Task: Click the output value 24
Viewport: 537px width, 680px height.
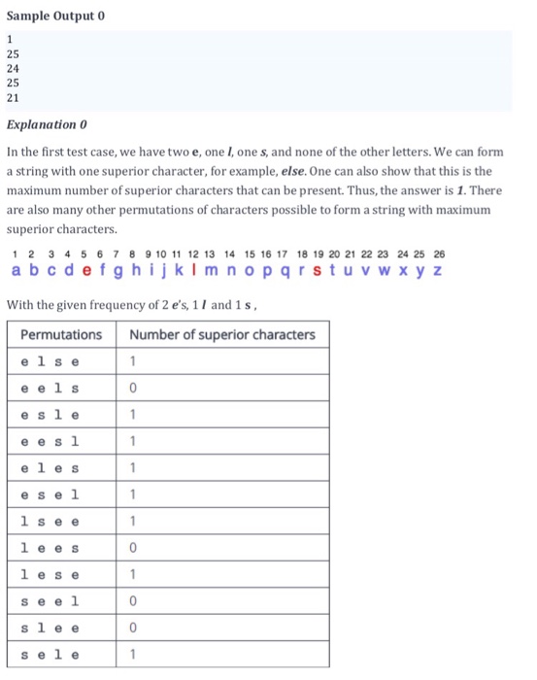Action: point(13,69)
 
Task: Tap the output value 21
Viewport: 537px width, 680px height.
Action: point(13,97)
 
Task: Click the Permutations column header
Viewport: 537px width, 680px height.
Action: point(61,335)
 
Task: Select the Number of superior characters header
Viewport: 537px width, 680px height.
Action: point(222,335)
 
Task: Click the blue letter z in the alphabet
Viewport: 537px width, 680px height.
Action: point(438,269)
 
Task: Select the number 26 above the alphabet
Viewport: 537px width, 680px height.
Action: point(439,254)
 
